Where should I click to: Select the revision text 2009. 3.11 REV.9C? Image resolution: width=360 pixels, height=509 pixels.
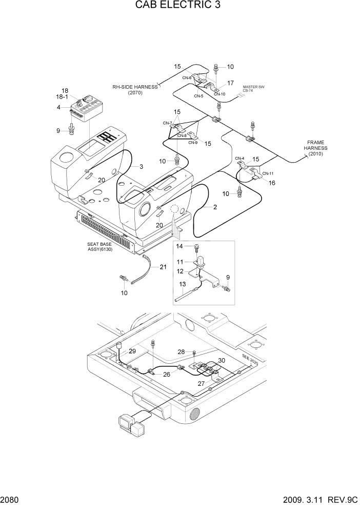pos(318,500)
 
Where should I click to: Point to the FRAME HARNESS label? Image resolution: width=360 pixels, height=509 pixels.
pos(315,148)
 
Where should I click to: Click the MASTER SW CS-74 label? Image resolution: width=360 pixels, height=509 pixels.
pos(253,89)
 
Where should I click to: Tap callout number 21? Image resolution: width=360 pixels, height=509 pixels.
pos(163,266)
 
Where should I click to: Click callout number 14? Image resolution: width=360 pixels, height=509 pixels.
pos(179,247)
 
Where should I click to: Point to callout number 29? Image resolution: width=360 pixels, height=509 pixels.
pos(132,351)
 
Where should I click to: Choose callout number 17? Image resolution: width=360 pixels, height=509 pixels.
pos(231,83)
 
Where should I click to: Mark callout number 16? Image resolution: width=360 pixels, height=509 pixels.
pos(272,182)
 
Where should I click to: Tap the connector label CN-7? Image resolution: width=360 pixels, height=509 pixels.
pos(168,123)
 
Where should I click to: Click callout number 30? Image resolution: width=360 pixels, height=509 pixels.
pos(222,361)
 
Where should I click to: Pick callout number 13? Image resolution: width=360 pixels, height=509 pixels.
pos(182,284)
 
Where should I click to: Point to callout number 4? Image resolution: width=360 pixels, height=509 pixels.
pos(58,107)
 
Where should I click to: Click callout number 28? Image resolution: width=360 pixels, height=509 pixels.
pos(181,351)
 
